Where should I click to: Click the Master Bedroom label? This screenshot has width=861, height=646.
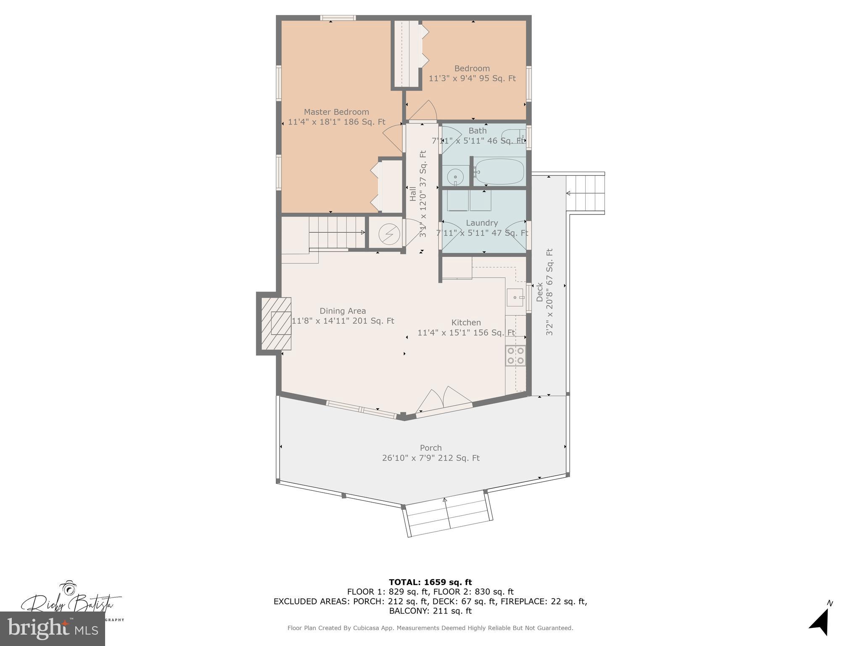click(336, 112)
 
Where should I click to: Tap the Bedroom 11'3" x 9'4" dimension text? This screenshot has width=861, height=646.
click(472, 79)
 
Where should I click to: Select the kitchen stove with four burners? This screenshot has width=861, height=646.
click(515, 355)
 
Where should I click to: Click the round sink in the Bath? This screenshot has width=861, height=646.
click(455, 177)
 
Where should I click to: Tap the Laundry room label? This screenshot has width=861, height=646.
click(482, 223)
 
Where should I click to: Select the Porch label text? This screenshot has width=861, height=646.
click(430, 448)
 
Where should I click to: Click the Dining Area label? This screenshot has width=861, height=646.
click(343, 311)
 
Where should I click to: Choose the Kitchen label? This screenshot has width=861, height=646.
click(466, 323)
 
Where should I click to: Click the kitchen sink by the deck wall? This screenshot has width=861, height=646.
click(515, 298)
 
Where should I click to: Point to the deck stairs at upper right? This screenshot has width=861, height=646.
click(585, 193)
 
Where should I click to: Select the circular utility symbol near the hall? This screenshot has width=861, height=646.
click(386, 233)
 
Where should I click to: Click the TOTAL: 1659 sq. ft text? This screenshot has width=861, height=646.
click(430, 582)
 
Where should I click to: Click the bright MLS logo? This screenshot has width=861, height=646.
click(53, 629)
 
